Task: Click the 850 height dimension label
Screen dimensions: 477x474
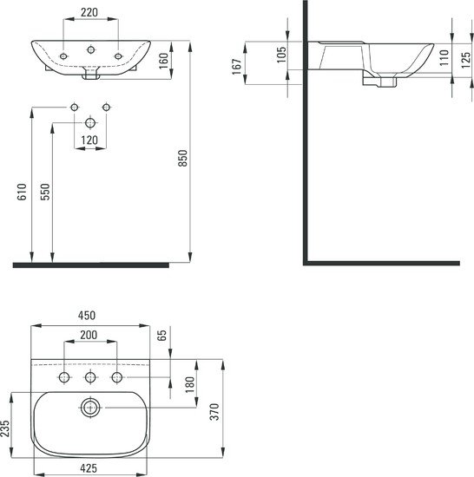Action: click(183, 155)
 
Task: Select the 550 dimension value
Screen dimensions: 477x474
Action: click(44, 193)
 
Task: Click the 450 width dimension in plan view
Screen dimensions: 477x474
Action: click(87, 316)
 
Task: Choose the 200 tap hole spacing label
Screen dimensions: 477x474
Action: click(89, 335)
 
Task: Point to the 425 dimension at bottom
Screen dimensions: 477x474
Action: click(88, 469)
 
